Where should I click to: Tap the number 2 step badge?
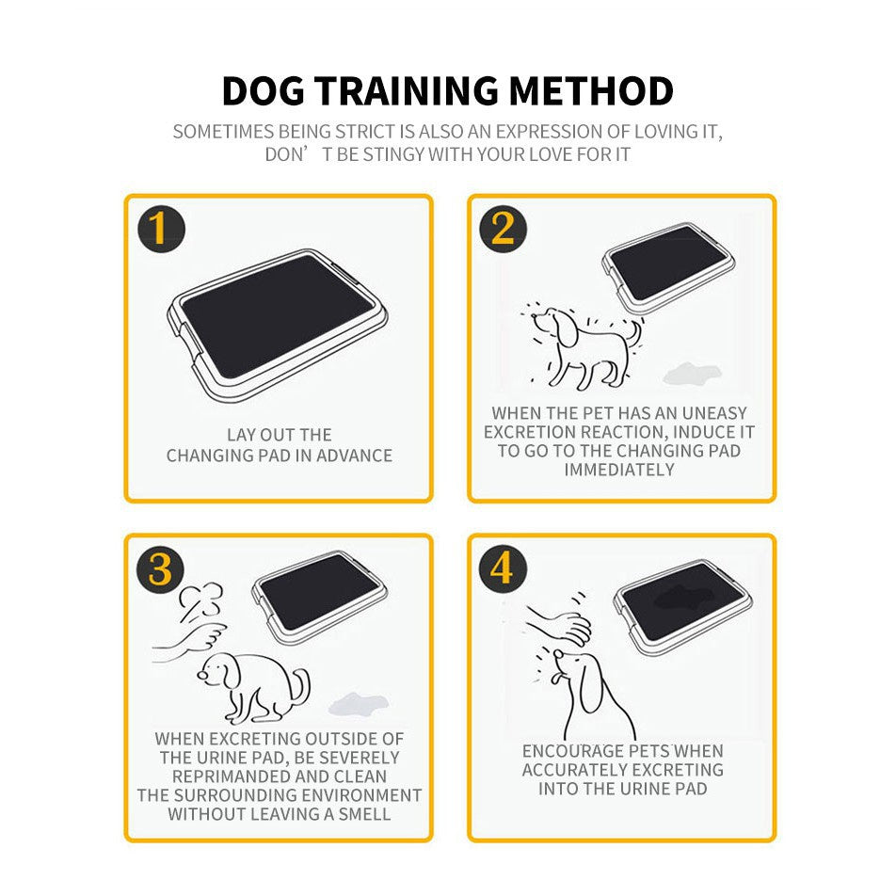[x=504, y=229]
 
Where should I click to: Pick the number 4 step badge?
[x=504, y=569]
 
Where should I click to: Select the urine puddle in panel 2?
[x=689, y=375]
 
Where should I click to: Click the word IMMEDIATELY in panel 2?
[x=619, y=469]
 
